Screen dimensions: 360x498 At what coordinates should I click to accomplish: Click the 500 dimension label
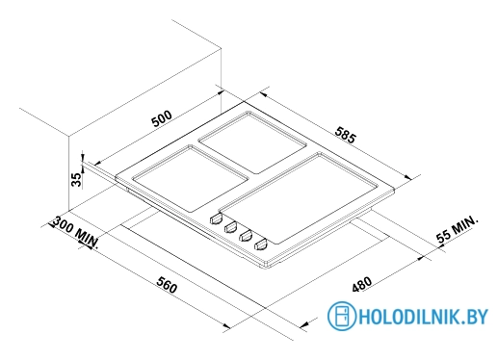tap(161, 117)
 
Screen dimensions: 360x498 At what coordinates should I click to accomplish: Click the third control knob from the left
tap(245, 237)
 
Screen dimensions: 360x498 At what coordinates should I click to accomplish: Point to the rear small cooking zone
tap(248, 140)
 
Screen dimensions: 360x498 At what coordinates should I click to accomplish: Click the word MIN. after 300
tap(89, 237)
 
